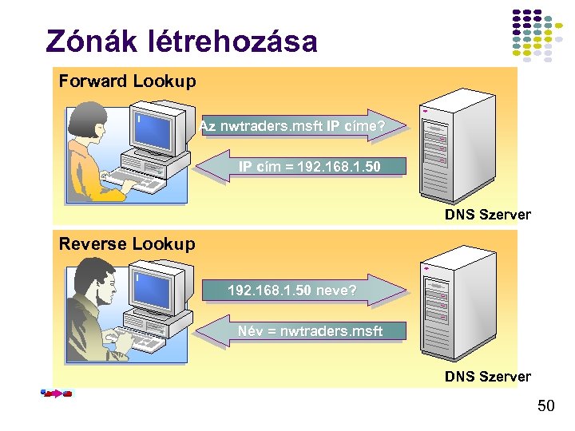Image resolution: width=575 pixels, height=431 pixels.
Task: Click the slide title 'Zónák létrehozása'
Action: tap(182, 42)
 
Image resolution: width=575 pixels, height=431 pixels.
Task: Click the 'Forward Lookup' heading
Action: tap(127, 81)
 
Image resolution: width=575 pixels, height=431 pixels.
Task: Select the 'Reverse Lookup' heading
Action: tap(127, 244)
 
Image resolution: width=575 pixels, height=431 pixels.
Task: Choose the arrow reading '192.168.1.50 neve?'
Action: tap(300, 290)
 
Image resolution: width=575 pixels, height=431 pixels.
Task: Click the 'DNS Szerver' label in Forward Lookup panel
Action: tap(487, 214)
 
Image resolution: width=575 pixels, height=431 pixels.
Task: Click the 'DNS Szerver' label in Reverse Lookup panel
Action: tap(487, 376)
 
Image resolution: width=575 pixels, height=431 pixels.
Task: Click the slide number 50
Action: tap(545, 406)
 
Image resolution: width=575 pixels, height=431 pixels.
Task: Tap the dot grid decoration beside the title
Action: tap(537, 36)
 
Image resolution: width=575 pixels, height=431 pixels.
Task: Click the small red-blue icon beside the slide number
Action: tap(57, 393)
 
